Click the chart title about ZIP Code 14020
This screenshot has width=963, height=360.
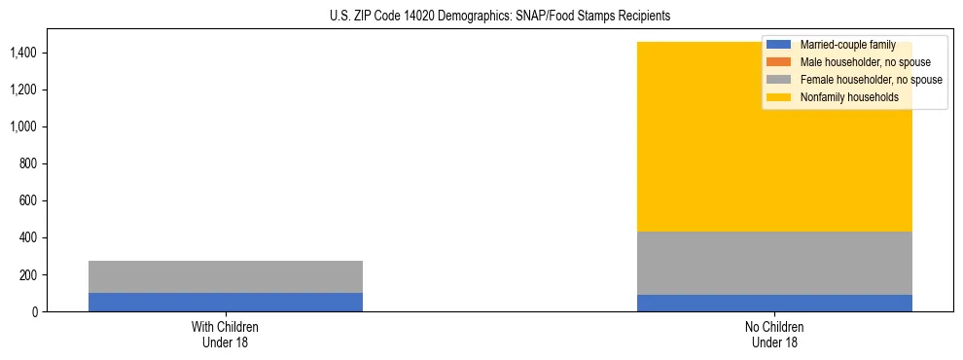[x=481, y=17]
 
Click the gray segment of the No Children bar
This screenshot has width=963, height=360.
[x=774, y=263]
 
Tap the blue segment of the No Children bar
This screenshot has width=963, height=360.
[x=774, y=303]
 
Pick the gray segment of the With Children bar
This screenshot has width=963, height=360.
[x=226, y=276]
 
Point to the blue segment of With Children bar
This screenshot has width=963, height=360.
[x=226, y=302]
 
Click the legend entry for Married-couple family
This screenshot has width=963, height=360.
[x=847, y=45]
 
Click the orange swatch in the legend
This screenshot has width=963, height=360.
[x=779, y=62]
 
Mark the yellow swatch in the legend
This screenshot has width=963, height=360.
[x=779, y=97]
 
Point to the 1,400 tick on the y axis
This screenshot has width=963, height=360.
[x=24, y=53]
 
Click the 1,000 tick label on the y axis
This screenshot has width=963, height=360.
[x=24, y=126]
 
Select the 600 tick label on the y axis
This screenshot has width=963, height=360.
[x=29, y=200]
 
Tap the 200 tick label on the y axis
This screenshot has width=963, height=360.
[x=29, y=274]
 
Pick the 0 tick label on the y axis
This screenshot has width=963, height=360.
[x=35, y=311]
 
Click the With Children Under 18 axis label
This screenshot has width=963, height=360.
[x=226, y=334]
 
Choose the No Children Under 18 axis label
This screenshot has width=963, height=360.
[x=774, y=334]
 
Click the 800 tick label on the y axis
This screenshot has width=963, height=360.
[x=29, y=163]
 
